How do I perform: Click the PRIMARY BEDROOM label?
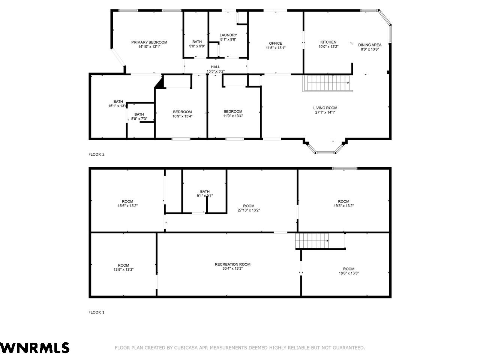click(149, 42)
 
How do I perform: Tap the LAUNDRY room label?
click(228, 35)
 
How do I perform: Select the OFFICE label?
click(276, 43)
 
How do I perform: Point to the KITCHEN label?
click(328, 42)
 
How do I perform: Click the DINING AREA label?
click(370, 45)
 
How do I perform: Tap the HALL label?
click(215, 67)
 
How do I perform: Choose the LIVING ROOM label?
click(325, 108)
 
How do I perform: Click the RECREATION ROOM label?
click(232, 264)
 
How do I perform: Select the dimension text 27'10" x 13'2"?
click(249, 210)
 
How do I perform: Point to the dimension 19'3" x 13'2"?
click(343, 205)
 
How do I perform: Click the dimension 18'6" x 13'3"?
click(349, 273)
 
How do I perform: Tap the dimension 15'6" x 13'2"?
click(127, 205)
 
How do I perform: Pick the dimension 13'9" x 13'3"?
click(123, 270)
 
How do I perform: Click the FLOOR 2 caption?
click(96, 154)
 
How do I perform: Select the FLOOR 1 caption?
click(96, 312)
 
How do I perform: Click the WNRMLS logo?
click(35, 348)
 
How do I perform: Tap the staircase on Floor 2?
click(327, 83)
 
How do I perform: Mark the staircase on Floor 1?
click(320, 241)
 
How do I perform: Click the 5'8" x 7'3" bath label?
click(139, 117)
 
